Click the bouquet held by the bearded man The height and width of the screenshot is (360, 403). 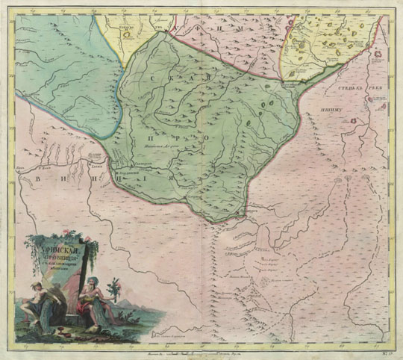(116, 287)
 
